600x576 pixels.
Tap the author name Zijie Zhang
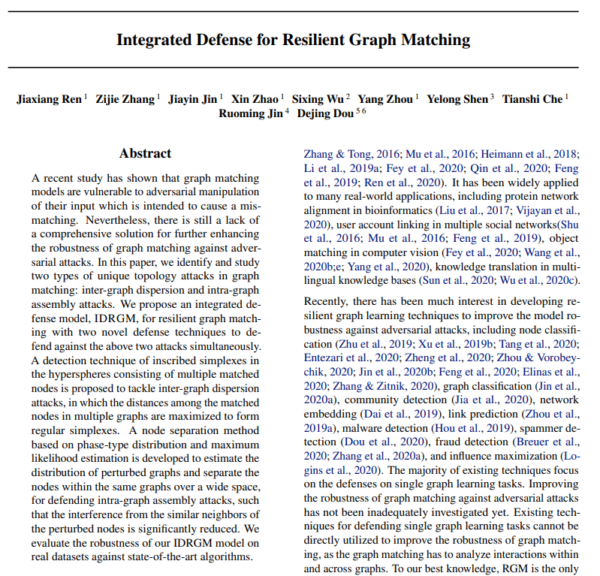(x=125, y=99)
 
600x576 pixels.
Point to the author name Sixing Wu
(x=318, y=99)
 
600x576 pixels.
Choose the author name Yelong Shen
(x=458, y=99)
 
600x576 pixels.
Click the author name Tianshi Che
(x=532, y=99)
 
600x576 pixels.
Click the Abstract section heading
(x=145, y=153)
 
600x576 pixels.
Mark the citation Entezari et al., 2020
(x=344, y=357)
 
